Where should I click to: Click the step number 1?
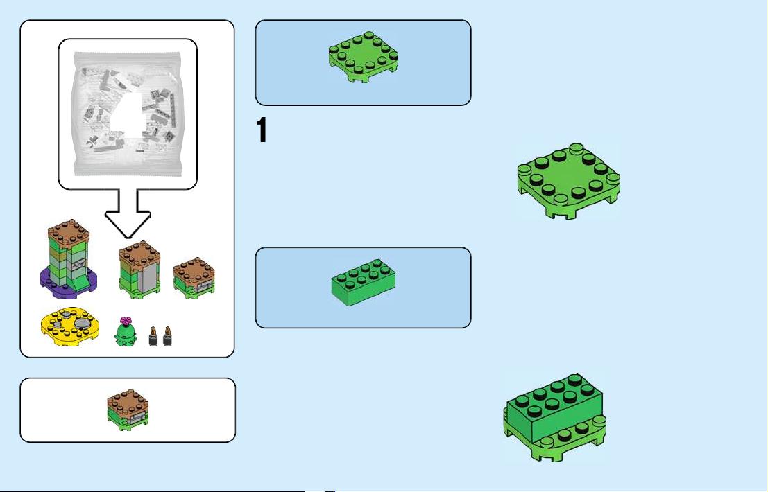pyautogui.click(x=262, y=130)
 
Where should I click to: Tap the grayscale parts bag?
pyautogui.click(x=128, y=114)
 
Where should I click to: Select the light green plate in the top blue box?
pyautogui.click(x=363, y=58)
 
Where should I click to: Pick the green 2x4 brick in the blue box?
pyautogui.click(x=364, y=283)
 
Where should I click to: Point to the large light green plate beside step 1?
pyautogui.click(x=569, y=181)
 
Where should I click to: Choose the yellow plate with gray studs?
pyautogui.click(x=69, y=326)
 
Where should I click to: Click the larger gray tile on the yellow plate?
pyautogui.click(x=84, y=323)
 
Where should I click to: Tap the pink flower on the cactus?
pyautogui.click(x=126, y=321)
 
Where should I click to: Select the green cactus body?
pyautogui.click(x=126, y=335)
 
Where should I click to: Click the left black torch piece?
pyautogui.click(x=153, y=337)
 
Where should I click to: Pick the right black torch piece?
pyautogui.click(x=167, y=337)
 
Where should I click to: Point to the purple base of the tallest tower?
pyautogui.click(x=68, y=283)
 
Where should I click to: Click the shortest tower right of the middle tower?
pyautogui.click(x=194, y=278)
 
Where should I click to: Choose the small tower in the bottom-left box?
pyautogui.click(x=128, y=410)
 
